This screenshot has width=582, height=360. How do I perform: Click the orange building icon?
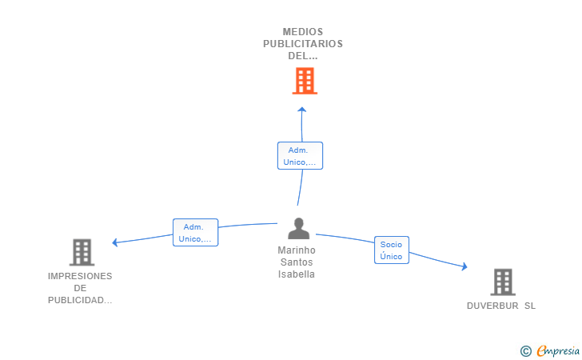305,81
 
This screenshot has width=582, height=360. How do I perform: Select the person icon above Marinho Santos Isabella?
298,228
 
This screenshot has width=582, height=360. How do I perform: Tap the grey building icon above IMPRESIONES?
82,252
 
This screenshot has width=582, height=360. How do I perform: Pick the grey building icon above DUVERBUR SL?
503,282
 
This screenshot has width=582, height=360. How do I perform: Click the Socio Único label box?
392,250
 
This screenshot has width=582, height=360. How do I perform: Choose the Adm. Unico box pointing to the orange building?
300,156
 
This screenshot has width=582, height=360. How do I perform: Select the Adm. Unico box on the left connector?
195,233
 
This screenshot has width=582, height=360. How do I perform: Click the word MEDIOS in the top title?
303,32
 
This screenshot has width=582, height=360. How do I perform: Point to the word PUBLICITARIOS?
303,44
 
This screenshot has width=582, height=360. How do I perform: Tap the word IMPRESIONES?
80,276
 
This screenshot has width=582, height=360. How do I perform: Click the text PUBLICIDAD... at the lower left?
80,300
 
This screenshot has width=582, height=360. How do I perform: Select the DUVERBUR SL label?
501,306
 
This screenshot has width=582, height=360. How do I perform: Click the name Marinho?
297,250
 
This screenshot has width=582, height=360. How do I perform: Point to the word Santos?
297,262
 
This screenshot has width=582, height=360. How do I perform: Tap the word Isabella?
297,274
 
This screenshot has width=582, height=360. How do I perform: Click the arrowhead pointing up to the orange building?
301,110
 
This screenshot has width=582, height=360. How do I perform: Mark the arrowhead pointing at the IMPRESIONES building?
114,242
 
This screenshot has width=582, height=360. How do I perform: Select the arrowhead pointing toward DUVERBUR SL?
464,266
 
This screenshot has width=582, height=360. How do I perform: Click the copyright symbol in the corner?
525,351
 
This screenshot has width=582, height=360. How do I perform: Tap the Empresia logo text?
558,350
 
